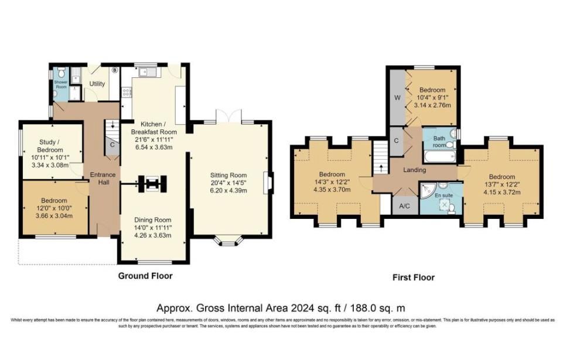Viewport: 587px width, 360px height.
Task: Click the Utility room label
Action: (97, 84)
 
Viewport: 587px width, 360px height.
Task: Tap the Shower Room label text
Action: (61, 83)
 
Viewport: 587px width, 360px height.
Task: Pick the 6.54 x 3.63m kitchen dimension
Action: (152, 148)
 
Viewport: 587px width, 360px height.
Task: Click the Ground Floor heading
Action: (145, 275)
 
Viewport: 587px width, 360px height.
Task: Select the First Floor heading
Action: (413, 277)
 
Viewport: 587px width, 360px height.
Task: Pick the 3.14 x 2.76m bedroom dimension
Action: (431, 105)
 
